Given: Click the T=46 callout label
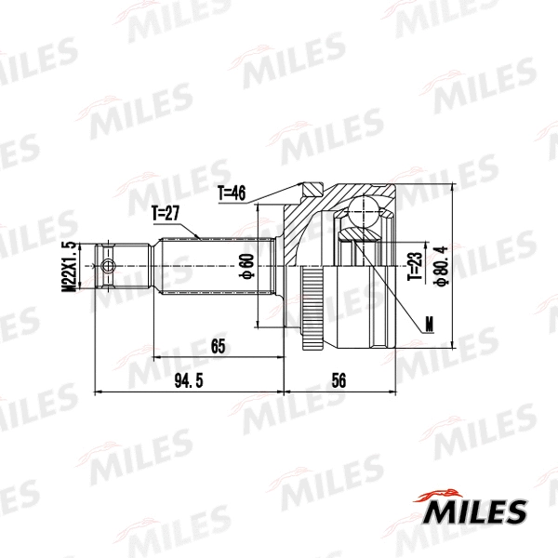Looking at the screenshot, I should pos(231,193).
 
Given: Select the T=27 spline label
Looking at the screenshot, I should pos(165,213).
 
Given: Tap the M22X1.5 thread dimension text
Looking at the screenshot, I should pos(68,267).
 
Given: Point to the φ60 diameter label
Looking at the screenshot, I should pos(247,268).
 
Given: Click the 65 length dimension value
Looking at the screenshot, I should pos(219,347).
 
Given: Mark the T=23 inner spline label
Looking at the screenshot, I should pos(414,268).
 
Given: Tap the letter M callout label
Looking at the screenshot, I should pos(428,325).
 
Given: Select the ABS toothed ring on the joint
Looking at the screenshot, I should pos(311,307).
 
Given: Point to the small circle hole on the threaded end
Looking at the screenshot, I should pos(109,267).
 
